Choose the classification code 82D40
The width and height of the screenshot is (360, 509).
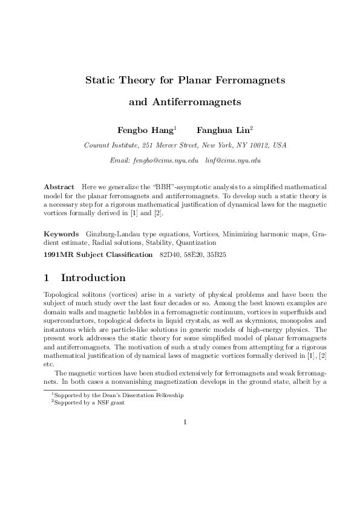[169, 254]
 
